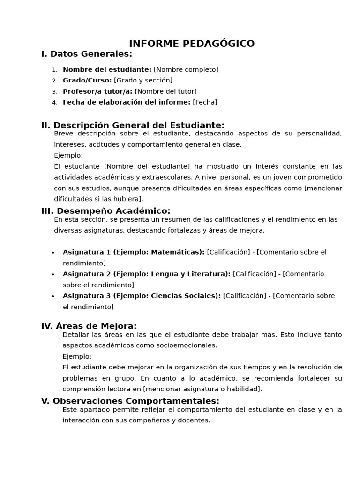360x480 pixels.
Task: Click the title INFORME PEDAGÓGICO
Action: pos(192,44)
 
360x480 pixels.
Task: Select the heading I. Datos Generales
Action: pos(87,54)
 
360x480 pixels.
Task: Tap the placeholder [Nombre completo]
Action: pos(186,70)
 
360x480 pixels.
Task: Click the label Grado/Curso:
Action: pos(87,81)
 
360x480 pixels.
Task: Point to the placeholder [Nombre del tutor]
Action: pos(165,91)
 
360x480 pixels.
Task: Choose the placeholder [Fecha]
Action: pos(205,102)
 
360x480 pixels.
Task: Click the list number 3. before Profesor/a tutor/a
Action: pos(54,92)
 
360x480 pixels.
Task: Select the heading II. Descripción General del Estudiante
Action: pos(133,125)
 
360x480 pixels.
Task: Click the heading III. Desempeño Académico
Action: pos(106,211)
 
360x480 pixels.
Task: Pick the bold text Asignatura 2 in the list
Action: pos(87,274)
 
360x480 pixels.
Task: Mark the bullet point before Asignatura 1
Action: pos(53,253)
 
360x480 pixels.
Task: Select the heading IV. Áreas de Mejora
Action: pos(89,326)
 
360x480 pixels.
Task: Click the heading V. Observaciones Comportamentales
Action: pos(130,401)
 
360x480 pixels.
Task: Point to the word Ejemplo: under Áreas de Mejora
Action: pos(77,356)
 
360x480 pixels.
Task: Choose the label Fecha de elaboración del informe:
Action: pos(127,102)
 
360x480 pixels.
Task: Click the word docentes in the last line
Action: pos(195,420)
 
